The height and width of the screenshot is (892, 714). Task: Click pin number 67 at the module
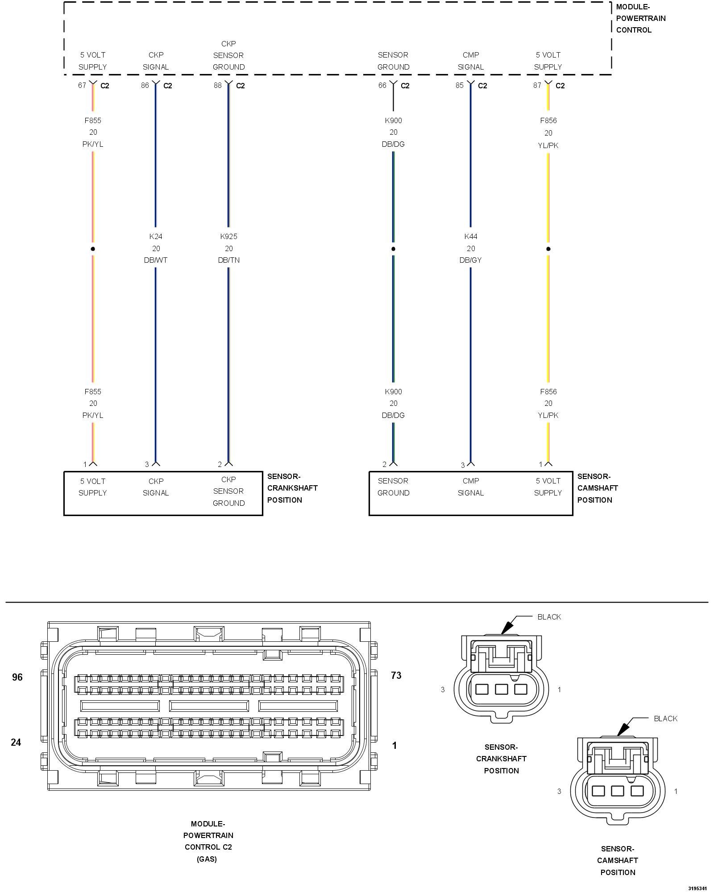pyautogui.click(x=82, y=85)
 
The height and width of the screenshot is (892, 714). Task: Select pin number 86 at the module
pyautogui.click(x=145, y=85)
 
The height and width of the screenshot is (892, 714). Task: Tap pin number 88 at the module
pyautogui.click(x=218, y=85)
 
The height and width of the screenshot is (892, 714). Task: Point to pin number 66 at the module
pyautogui.click(x=382, y=85)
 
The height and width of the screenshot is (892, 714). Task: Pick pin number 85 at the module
pyautogui.click(x=460, y=85)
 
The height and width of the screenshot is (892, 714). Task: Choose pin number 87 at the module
pyautogui.click(x=537, y=85)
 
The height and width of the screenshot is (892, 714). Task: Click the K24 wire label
pyautogui.click(x=156, y=236)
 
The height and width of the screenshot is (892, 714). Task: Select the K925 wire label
pyautogui.click(x=228, y=236)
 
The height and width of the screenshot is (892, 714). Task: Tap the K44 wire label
pyautogui.click(x=471, y=236)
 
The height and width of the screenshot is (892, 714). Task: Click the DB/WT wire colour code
pyautogui.click(x=156, y=260)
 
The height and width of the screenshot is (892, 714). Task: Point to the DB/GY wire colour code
pyautogui.click(x=471, y=260)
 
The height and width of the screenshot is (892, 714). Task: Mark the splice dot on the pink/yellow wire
pyautogui.click(x=93, y=249)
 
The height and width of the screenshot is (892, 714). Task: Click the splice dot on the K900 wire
pyautogui.click(x=393, y=249)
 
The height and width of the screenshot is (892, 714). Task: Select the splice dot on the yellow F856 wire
pyautogui.click(x=548, y=249)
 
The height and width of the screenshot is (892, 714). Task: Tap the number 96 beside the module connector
pyautogui.click(x=17, y=677)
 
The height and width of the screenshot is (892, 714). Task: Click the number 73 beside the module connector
pyautogui.click(x=396, y=676)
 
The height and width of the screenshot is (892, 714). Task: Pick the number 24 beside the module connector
pyautogui.click(x=16, y=742)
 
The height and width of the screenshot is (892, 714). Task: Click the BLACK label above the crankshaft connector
pyautogui.click(x=549, y=617)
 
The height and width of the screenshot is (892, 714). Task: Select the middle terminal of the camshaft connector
pyautogui.click(x=617, y=791)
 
